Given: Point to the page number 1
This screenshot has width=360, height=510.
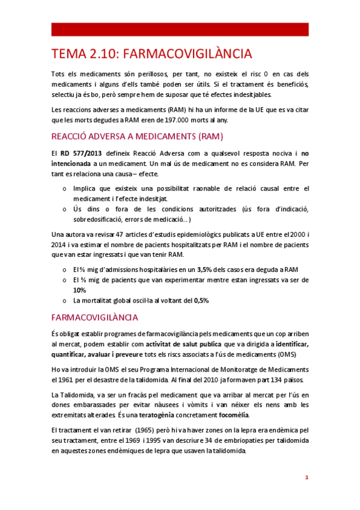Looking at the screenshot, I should (307, 478).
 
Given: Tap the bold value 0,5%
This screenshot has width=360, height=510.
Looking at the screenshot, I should (201, 300).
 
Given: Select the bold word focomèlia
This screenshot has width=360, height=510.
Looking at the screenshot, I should (231, 415).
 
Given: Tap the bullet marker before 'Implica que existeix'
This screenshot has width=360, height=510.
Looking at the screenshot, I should (65, 189).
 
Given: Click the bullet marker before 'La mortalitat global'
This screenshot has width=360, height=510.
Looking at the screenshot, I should (65, 300).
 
